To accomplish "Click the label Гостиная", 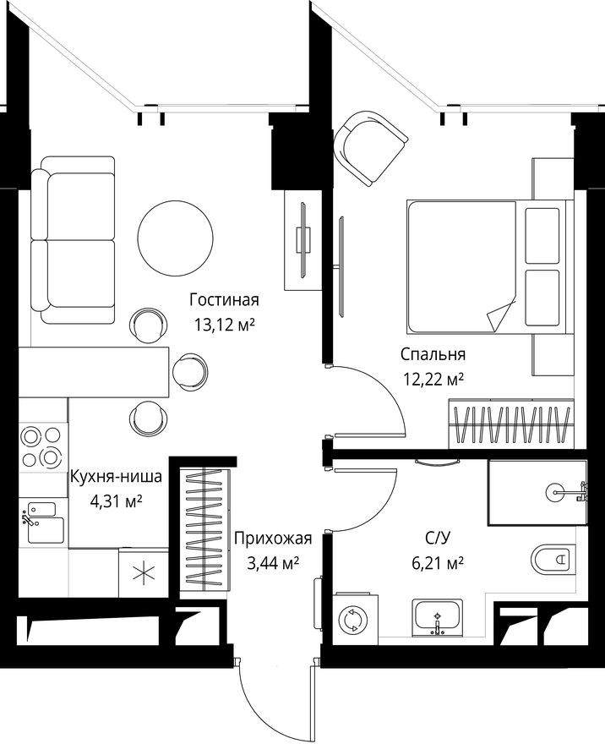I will (x=223, y=300).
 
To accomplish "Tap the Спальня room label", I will (x=433, y=354).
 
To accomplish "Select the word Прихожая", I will (x=273, y=538).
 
